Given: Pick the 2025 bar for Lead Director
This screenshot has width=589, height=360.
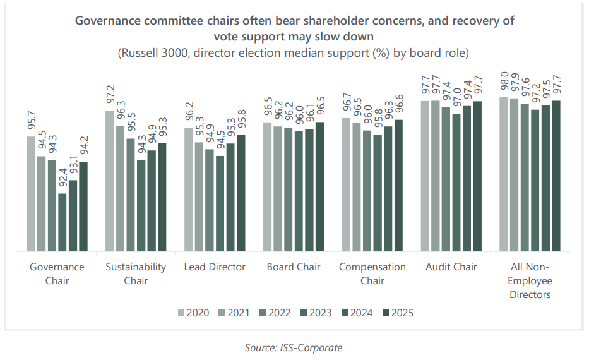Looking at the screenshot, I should (x=241, y=193).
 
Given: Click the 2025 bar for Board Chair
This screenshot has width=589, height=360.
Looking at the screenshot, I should (x=320, y=187).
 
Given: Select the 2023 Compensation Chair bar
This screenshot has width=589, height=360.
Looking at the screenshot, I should (x=378, y=193).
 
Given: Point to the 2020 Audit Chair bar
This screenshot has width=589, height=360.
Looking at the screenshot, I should (x=425, y=176).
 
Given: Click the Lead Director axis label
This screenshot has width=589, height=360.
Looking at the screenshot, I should (x=215, y=267).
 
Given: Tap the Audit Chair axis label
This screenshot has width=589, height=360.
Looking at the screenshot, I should (x=451, y=267).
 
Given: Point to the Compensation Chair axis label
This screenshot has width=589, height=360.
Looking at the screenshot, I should (x=372, y=273).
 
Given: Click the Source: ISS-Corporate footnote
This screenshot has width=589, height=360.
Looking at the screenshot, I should (x=294, y=347).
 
